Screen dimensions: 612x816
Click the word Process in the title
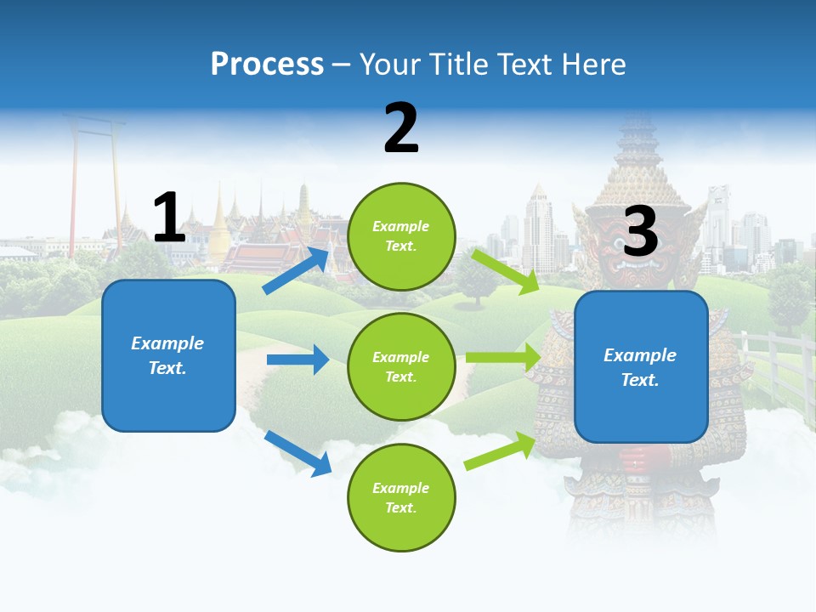pos(267,64)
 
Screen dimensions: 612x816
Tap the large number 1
pos(169,218)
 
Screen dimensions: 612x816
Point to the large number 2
pos(401,128)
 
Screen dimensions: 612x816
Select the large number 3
pos(641,231)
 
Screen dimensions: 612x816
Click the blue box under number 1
pos(168,355)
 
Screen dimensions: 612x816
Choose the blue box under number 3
pos(641,366)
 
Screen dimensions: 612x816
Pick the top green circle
pos(401,236)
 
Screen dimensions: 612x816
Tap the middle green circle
pos(401,366)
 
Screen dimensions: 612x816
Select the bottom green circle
pos(401,497)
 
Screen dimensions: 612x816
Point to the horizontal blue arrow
pos(297,360)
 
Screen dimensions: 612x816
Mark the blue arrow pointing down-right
pos(297,453)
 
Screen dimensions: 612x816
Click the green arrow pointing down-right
pos(505,271)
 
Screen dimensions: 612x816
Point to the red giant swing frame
pos(93,170)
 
